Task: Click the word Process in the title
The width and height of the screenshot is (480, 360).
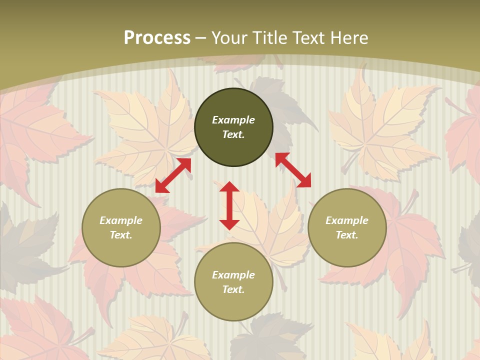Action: point(157,38)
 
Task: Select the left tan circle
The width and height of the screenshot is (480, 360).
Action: point(121,250)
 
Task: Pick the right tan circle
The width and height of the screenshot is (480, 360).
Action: point(347,250)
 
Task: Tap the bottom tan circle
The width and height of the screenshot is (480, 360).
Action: point(233,305)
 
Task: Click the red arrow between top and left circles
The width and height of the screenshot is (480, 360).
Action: point(173,175)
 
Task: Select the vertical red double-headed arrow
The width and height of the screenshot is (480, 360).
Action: point(229,205)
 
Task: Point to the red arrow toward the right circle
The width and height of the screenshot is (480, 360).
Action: point(293,170)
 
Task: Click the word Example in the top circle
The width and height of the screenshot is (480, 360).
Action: point(233,120)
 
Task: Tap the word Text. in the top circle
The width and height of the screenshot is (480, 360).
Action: point(233,134)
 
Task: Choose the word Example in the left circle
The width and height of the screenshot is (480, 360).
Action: point(121,220)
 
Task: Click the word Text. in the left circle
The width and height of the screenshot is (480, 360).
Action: point(121,235)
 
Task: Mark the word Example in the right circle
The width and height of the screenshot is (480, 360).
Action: point(347,220)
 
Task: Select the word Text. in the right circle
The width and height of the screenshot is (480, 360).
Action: point(347,235)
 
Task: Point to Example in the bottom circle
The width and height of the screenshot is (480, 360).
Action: point(233,275)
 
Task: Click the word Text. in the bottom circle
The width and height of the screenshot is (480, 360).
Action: point(233,289)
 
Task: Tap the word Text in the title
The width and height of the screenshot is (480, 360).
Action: point(306,38)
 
